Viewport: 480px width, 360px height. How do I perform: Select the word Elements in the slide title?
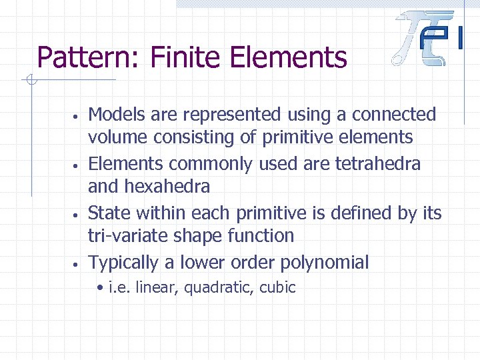[x=288, y=57]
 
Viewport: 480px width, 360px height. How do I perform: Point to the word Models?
[x=117, y=115]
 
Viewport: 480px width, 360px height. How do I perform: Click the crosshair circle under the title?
[x=30, y=81]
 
